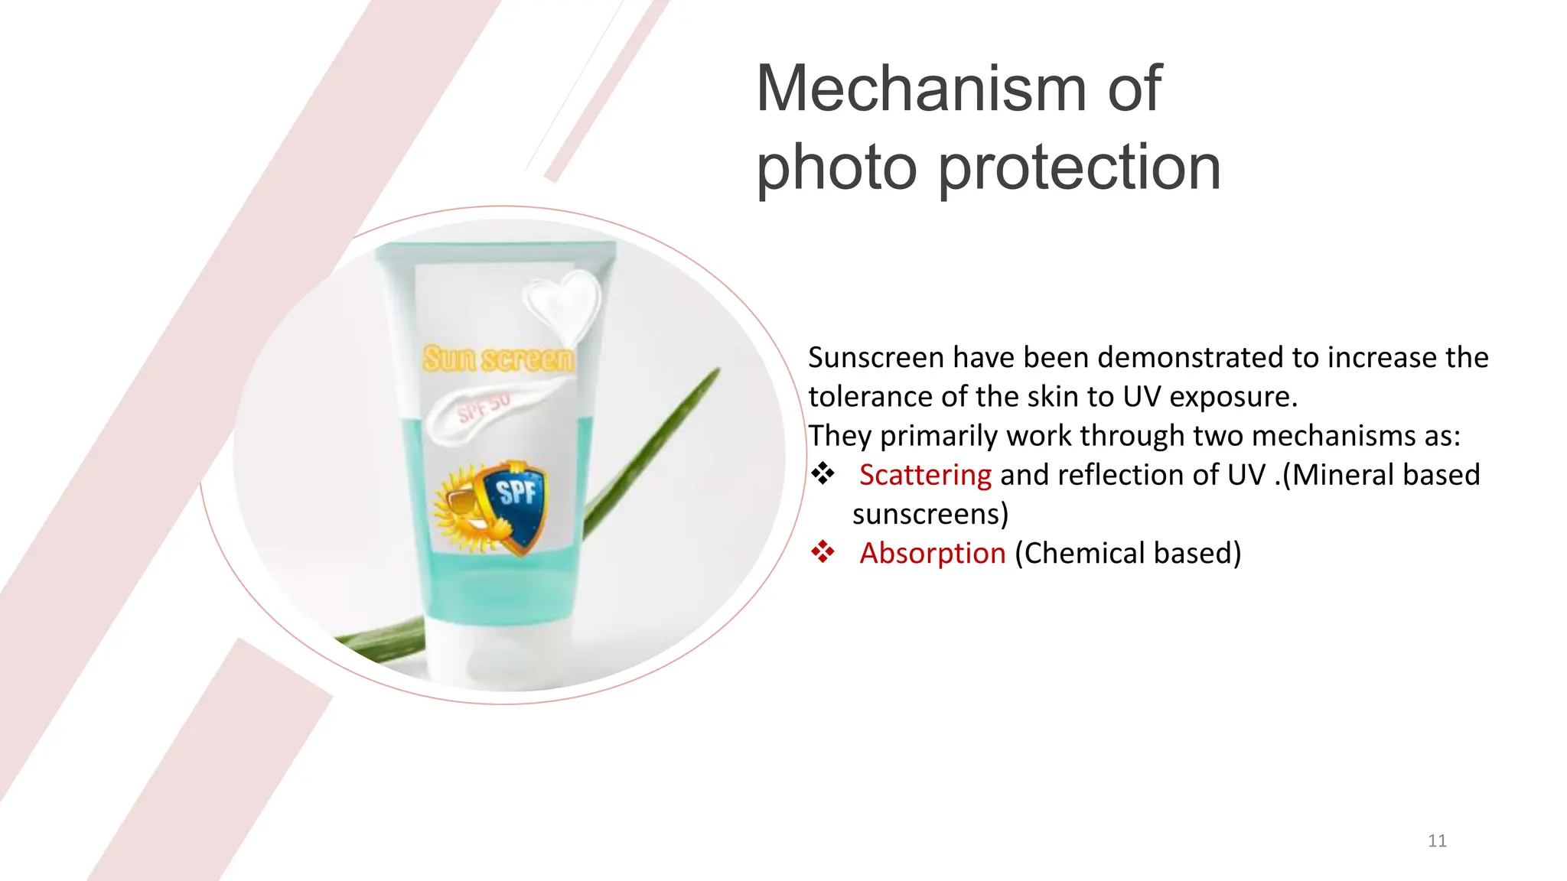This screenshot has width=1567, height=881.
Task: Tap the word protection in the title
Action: pos(1079,168)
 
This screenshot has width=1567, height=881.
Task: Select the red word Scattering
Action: pos(925,475)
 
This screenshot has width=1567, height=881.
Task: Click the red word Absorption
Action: pos(932,553)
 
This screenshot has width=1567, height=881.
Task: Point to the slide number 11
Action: pos(1437,841)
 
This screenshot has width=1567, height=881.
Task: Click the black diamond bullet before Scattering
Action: pos(823,474)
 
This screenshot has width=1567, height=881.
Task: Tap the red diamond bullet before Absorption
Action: pos(823,552)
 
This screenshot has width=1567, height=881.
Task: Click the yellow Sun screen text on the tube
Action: pos(498,359)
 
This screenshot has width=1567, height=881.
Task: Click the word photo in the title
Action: pos(836,168)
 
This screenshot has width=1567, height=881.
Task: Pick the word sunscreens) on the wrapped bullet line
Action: pos(930,514)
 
